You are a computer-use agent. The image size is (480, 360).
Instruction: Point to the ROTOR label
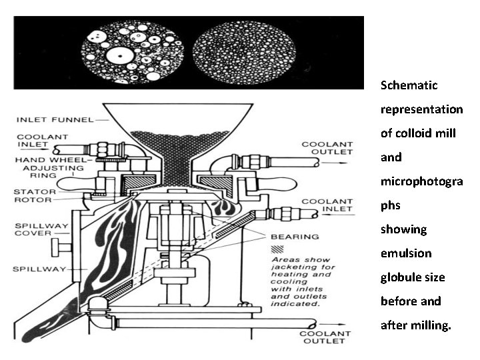pos(27,199)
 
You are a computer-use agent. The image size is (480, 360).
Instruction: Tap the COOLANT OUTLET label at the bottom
pos(325,337)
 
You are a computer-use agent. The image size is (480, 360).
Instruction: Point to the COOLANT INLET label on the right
pos(327,205)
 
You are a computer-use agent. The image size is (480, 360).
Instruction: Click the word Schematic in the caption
pos(409,85)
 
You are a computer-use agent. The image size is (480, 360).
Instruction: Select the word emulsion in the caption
pos(406,253)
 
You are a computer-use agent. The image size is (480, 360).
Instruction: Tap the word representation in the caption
pos(421,109)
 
